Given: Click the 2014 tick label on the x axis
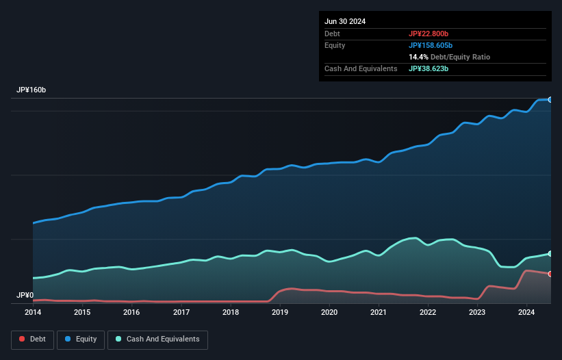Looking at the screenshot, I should [33, 312].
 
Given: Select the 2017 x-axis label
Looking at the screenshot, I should [181, 312].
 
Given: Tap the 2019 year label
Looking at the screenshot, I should [280, 312].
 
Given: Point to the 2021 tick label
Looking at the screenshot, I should [379, 312].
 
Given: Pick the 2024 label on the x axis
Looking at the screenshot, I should [526, 312].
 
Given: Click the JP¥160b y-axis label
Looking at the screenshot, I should [31, 90].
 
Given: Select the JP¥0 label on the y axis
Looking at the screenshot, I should [25, 296].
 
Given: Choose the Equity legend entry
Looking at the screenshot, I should [80, 339].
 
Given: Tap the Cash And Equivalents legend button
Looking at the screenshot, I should [157, 339].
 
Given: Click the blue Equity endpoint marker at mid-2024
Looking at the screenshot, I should [550, 100].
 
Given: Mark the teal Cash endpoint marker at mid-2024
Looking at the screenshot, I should [550, 254].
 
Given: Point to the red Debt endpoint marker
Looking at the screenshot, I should [550, 274].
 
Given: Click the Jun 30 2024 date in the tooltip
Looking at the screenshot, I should [345, 21].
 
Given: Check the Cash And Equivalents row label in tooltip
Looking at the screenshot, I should [361, 69].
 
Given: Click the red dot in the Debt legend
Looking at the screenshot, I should [23, 339].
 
